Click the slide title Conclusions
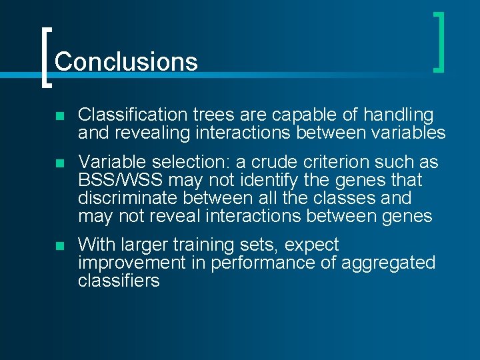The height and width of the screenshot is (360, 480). click(126, 62)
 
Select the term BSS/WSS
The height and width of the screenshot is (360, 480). click(121, 180)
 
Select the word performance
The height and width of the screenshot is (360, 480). click(264, 263)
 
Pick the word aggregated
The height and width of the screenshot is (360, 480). click(388, 263)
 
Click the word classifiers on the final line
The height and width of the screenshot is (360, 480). click(119, 281)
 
